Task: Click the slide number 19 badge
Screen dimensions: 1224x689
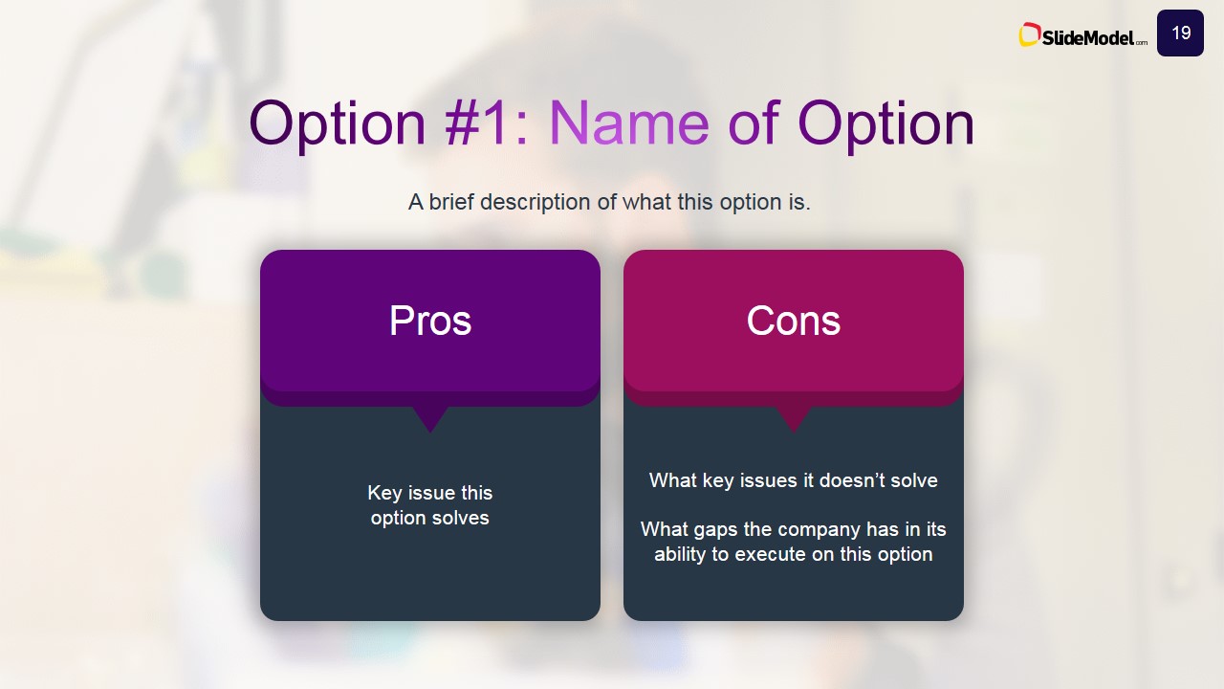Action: [1180, 33]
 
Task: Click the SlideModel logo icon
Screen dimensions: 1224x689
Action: [1029, 34]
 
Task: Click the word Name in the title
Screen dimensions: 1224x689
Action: [628, 122]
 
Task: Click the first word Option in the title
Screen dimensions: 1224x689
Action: [338, 125]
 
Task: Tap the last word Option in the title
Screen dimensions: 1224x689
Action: [885, 125]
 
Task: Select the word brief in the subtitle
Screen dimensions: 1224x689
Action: [451, 202]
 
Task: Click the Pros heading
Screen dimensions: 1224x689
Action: [430, 321]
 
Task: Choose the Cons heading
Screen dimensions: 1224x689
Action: [794, 321]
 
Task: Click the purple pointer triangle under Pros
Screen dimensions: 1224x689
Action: [430, 418]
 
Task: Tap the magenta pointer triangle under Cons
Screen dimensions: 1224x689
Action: [794, 418]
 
